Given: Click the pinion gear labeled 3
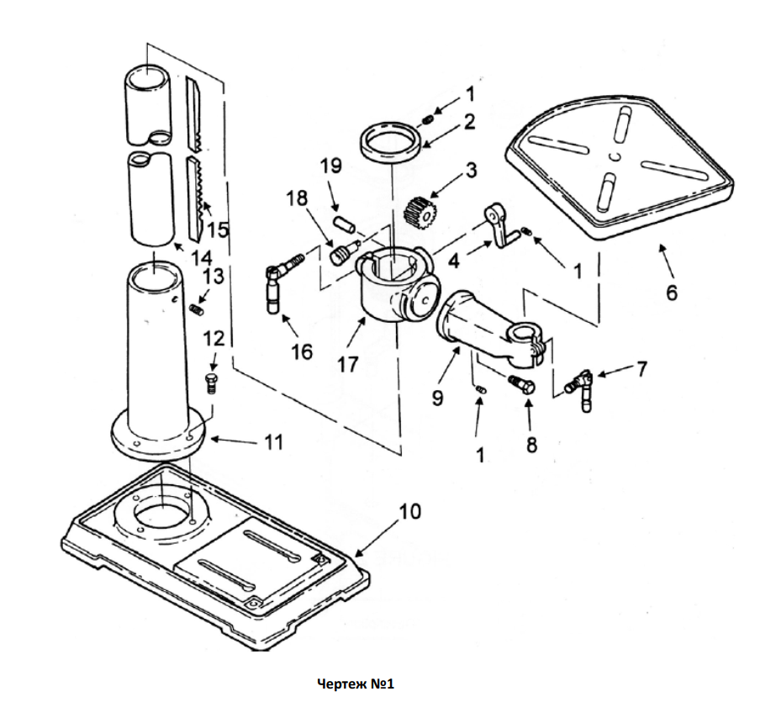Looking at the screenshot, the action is point(419,212).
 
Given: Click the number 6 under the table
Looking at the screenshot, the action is point(671,292).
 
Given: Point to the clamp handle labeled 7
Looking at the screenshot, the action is point(580,389).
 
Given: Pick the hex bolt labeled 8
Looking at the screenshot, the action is point(521,383).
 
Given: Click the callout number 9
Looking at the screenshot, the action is point(437,398).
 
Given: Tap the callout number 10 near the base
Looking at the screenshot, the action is point(409,511).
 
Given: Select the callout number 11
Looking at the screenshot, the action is point(274,441).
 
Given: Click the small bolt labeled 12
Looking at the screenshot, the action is point(212,384).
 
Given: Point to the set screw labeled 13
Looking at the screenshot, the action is point(198,310).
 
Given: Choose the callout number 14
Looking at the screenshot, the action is point(202,258).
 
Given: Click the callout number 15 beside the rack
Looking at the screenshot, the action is point(218,230).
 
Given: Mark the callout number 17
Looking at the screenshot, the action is point(347,364).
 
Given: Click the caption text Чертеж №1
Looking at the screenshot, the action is point(356,684).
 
